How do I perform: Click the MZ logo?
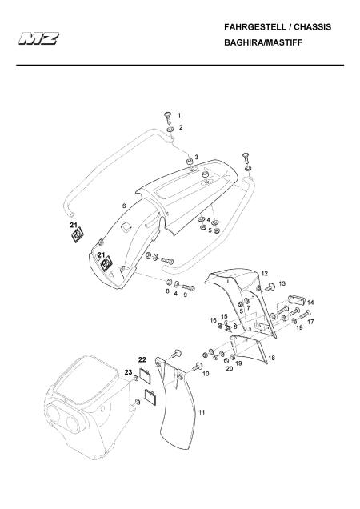tap(38, 38)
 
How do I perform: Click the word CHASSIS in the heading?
tap(312, 27)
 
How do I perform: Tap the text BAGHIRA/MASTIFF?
tap(263, 42)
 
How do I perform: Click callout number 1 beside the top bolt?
tap(179, 115)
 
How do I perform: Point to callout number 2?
tap(181, 127)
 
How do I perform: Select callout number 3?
tap(196, 158)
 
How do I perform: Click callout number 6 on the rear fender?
tap(124, 206)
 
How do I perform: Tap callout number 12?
tap(265, 274)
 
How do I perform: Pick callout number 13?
tap(282, 283)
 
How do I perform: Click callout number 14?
tap(310, 303)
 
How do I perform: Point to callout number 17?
tap(310, 322)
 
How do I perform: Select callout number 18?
tap(272, 358)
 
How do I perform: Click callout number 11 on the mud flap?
tap(202, 413)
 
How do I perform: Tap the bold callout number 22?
tap(142, 359)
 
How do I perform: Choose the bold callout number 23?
tap(128, 372)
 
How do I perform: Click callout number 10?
tap(206, 374)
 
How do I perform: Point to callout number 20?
tap(230, 368)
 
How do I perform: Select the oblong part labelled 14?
tap(295, 299)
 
